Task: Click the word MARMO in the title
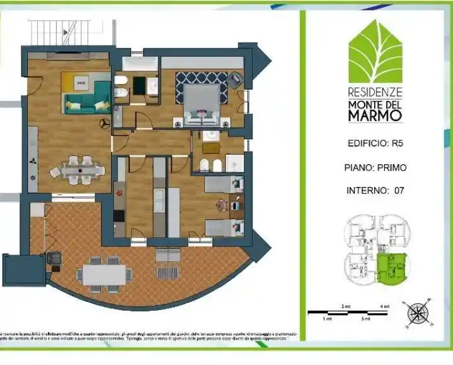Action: [x=375, y=116]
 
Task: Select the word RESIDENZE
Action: [x=375, y=92]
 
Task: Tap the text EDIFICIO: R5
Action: [x=375, y=143]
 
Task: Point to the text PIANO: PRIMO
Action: [x=375, y=167]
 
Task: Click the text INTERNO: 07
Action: [x=375, y=190]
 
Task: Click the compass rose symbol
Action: [x=417, y=313]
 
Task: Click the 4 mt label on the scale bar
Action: [x=385, y=306]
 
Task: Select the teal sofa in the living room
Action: [x=81, y=105]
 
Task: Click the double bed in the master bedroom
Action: [x=202, y=100]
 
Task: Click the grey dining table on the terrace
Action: [x=104, y=274]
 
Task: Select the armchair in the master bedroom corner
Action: [x=235, y=80]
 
